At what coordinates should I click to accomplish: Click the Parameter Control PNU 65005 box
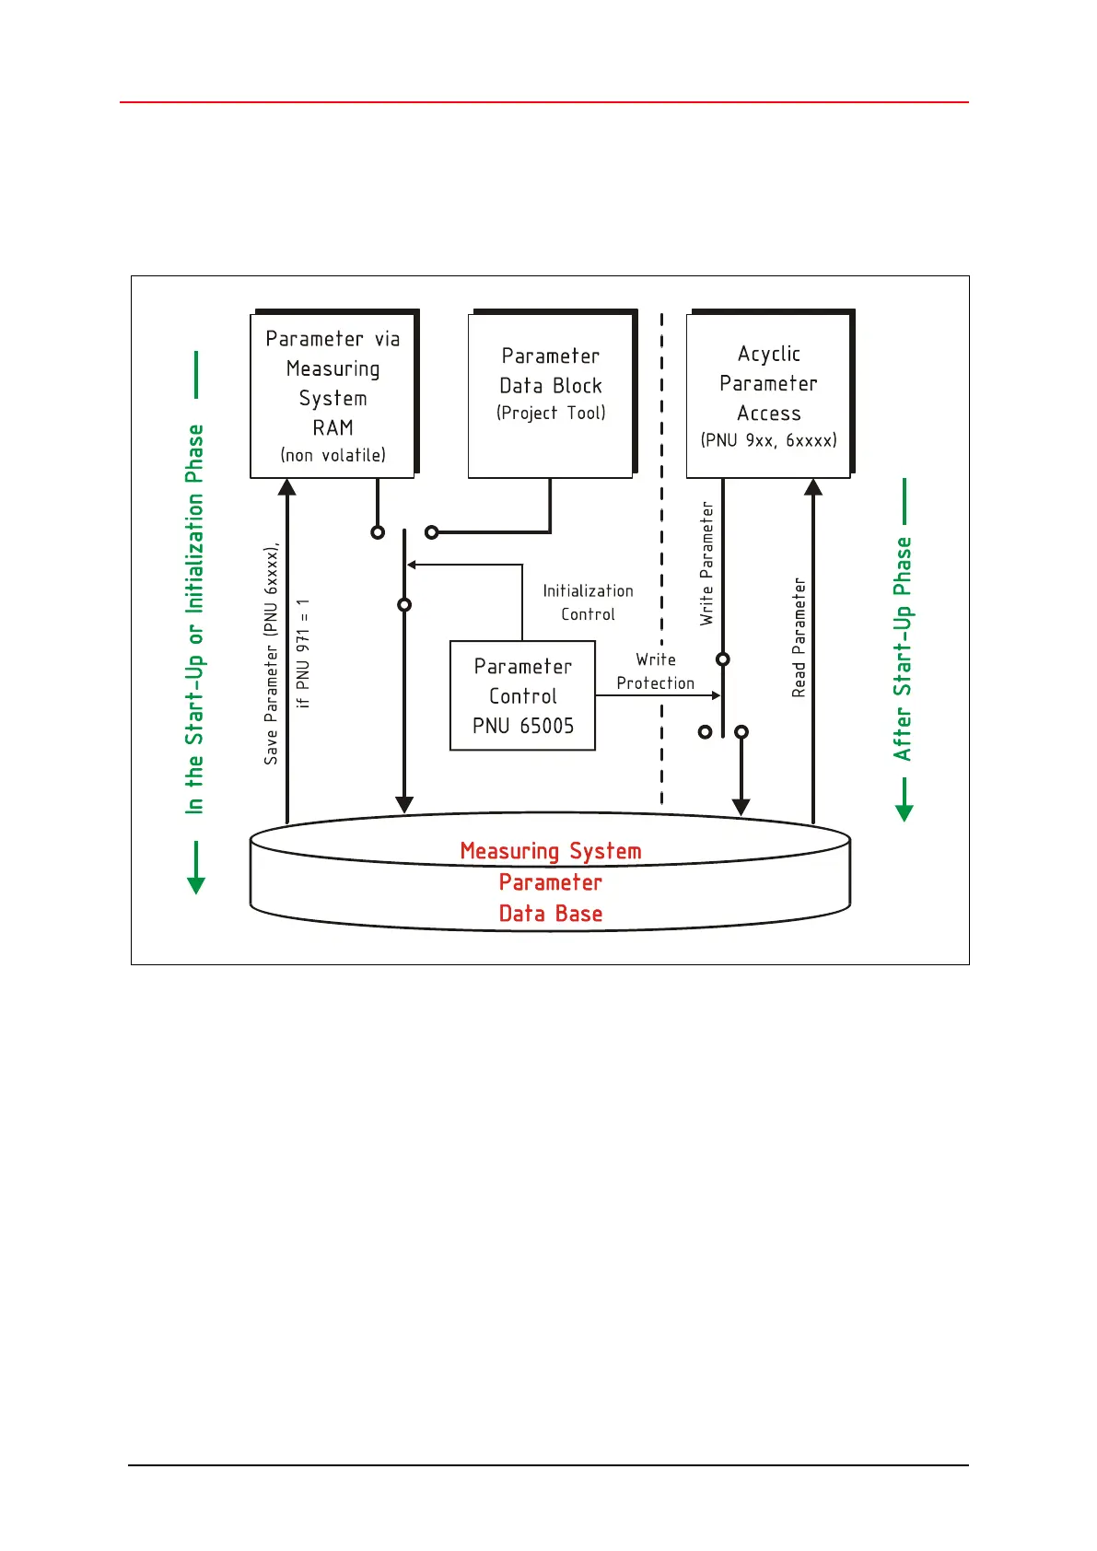point(522,695)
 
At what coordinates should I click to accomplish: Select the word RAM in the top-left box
point(333,428)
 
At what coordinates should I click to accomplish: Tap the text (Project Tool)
point(551,414)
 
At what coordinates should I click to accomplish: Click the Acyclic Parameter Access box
point(768,395)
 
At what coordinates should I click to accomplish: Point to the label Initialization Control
point(588,602)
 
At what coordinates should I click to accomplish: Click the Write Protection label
point(655,671)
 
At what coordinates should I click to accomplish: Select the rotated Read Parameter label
point(799,637)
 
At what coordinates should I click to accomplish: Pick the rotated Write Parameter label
point(706,564)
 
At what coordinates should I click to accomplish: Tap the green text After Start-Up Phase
point(903,648)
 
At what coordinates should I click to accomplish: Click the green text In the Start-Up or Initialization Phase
point(194,619)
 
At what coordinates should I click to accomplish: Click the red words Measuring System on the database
point(550,851)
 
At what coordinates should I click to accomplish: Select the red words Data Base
point(550,914)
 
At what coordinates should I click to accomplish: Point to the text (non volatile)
point(333,455)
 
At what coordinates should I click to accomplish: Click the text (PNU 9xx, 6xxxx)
point(768,440)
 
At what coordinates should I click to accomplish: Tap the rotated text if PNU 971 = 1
point(303,653)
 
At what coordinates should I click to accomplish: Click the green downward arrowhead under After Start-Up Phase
point(904,812)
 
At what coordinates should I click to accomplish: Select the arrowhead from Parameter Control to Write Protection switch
point(716,695)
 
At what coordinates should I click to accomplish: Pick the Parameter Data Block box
point(551,395)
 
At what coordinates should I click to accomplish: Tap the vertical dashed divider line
point(661,553)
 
